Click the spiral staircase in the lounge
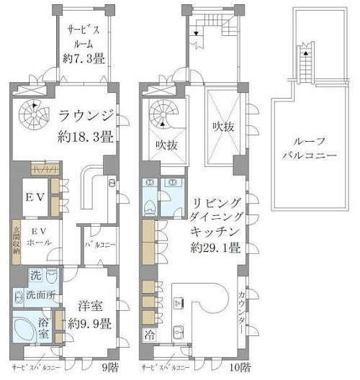(32, 111)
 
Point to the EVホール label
(38, 238)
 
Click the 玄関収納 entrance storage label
(14, 244)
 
